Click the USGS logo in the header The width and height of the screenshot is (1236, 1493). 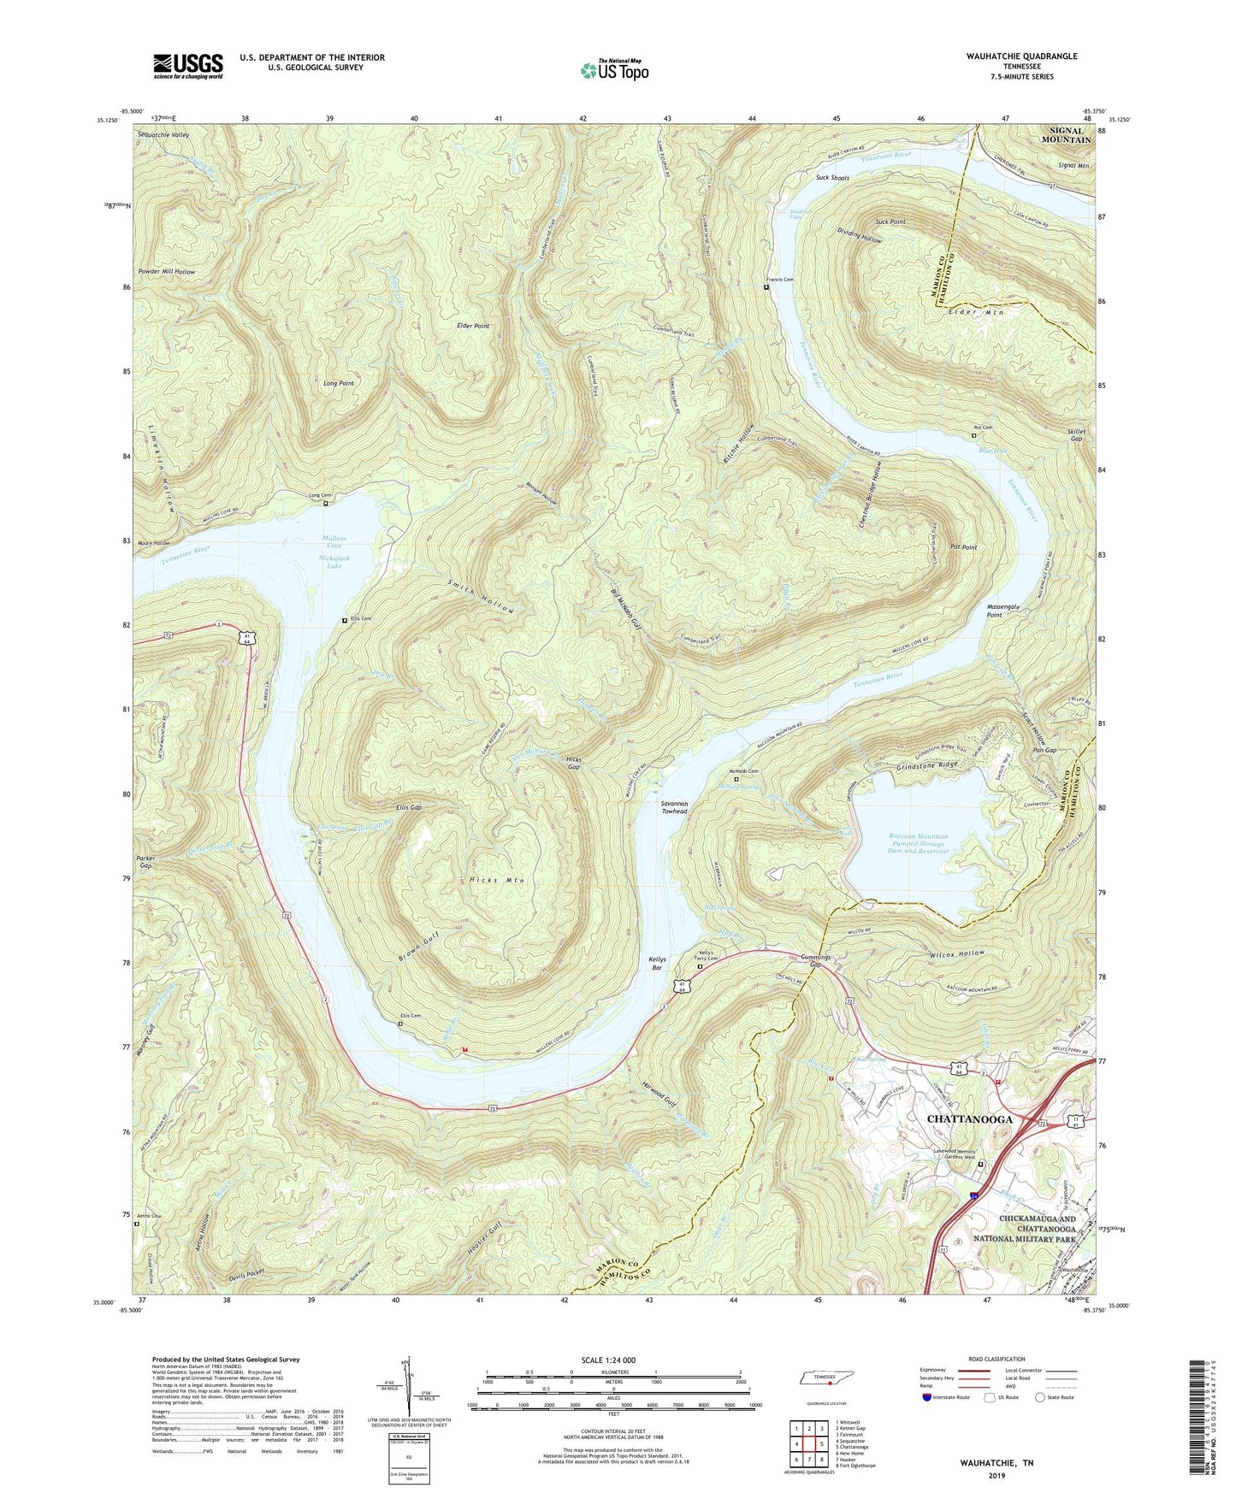[188, 66]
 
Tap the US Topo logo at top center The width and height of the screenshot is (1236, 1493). [614, 70]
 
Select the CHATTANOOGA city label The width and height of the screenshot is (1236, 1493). [970, 1118]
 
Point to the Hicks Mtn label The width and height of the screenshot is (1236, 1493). [497, 880]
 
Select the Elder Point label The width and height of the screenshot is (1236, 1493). [474, 326]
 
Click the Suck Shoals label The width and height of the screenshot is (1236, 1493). [832, 178]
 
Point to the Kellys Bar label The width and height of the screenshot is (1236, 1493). [657, 965]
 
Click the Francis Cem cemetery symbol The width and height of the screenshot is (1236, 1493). [766, 287]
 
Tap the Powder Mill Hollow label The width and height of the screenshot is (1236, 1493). [166, 272]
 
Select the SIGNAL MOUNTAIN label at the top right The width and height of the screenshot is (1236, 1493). [1066, 135]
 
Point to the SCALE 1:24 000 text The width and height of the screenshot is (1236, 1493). [613, 1360]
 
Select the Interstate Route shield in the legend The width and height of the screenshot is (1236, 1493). [929, 1397]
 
